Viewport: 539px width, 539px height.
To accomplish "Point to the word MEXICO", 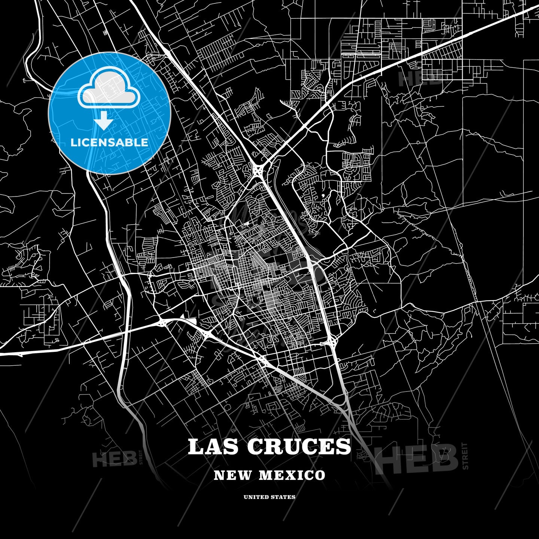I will (292, 475).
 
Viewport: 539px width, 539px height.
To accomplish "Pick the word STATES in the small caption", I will (283, 497).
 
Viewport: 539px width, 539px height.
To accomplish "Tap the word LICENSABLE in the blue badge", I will (109, 142).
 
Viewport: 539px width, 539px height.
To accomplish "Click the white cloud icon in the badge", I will (109, 88).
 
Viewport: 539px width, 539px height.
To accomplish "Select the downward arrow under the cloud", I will (104, 122).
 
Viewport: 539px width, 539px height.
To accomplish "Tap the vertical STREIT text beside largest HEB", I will (465, 456).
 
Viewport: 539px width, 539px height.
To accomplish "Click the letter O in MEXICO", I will (320, 475).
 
